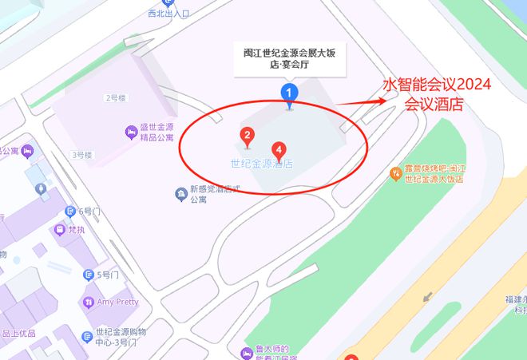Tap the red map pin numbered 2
tap(248, 136)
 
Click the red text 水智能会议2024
tap(437, 85)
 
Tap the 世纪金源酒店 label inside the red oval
tap(261, 164)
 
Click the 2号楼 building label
tap(116, 98)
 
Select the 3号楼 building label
tap(82, 154)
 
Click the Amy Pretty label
tap(117, 303)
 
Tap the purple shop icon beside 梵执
tap(59, 230)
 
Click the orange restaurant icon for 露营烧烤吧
tap(394, 173)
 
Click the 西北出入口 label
tap(169, 14)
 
